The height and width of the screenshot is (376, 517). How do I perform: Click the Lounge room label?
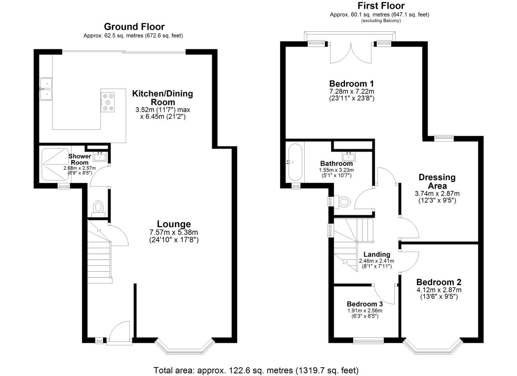pyautogui.click(x=174, y=224)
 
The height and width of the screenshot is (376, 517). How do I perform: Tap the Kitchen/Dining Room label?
pyautogui.click(x=163, y=98)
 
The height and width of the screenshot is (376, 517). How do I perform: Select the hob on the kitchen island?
pyautogui.click(x=108, y=102)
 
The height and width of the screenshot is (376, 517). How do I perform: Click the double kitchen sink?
pyautogui.click(x=46, y=89)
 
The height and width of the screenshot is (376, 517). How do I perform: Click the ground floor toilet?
pyautogui.click(x=98, y=208)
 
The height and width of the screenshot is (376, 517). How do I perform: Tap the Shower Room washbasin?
pyautogui.click(x=100, y=156)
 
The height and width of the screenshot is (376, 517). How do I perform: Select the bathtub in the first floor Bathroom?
pyautogui.click(x=295, y=162)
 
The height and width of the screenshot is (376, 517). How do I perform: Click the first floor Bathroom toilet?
pyautogui.click(x=343, y=201)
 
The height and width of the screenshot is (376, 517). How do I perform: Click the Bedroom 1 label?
pyautogui.click(x=351, y=84)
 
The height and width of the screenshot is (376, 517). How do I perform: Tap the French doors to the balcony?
pyautogui.click(x=351, y=53)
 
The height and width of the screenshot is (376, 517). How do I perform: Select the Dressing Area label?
pyautogui.click(x=437, y=181)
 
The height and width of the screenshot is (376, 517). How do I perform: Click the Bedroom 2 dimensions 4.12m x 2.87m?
pyautogui.click(x=439, y=290)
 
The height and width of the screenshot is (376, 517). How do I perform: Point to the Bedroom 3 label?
pyautogui.click(x=365, y=304)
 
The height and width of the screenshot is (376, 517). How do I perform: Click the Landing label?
pyautogui.click(x=377, y=254)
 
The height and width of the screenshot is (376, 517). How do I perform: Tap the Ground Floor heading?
pyautogui.click(x=134, y=27)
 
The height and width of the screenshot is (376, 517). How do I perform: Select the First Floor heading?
pyautogui.click(x=381, y=6)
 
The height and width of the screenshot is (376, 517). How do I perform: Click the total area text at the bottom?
pyautogui.click(x=256, y=370)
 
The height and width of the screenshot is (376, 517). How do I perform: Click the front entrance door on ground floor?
pyautogui.click(x=119, y=334)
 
